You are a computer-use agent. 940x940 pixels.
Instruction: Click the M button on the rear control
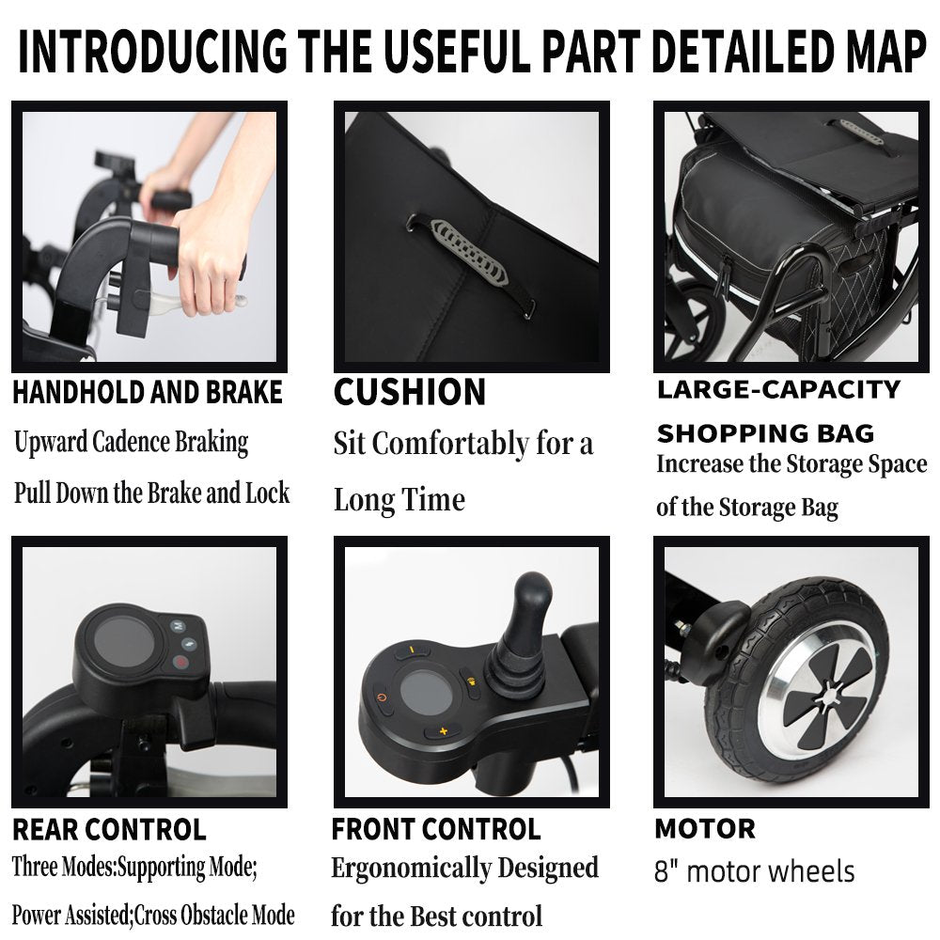[x=178, y=626]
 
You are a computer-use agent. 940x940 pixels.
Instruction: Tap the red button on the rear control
[x=180, y=663]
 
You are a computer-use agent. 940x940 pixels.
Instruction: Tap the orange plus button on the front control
[x=443, y=730]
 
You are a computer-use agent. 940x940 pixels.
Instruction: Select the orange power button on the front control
[x=383, y=698]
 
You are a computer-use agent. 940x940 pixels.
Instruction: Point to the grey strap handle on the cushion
[x=468, y=252]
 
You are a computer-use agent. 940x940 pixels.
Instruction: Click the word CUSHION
[x=410, y=393]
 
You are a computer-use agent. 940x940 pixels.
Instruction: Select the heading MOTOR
[x=706, y=829]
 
